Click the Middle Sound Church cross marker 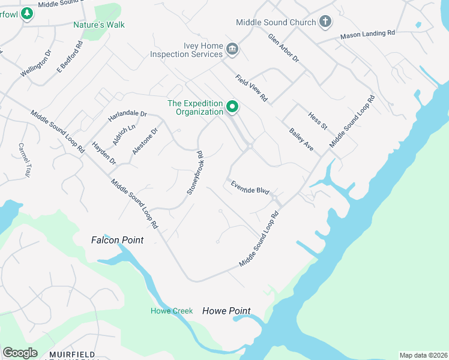(325, 22)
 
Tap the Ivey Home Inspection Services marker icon (232, 49)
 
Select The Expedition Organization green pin (232, 108)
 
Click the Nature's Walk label (98, 25)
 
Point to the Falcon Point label (117, 240)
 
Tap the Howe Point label (226, 311)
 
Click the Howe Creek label (172, 311)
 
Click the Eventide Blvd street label (250, 187)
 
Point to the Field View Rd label (252, 88)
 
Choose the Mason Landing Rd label (367, 35)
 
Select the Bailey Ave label (301, 139)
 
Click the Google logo (20, 353)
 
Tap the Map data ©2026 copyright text (423, 355)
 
